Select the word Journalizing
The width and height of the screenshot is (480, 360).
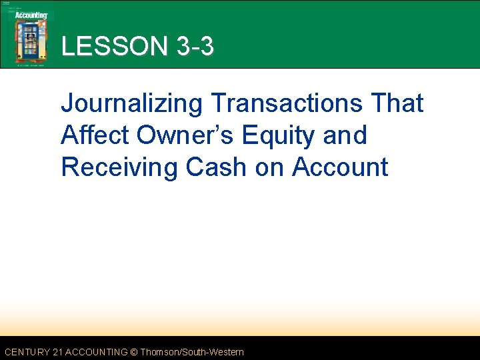pos(131,105)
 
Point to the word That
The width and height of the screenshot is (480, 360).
pos(395,103)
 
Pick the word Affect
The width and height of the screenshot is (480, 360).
pos(95,135)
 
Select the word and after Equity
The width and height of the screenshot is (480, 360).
pos(345,135)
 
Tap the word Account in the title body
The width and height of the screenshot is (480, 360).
pos(340,167)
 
